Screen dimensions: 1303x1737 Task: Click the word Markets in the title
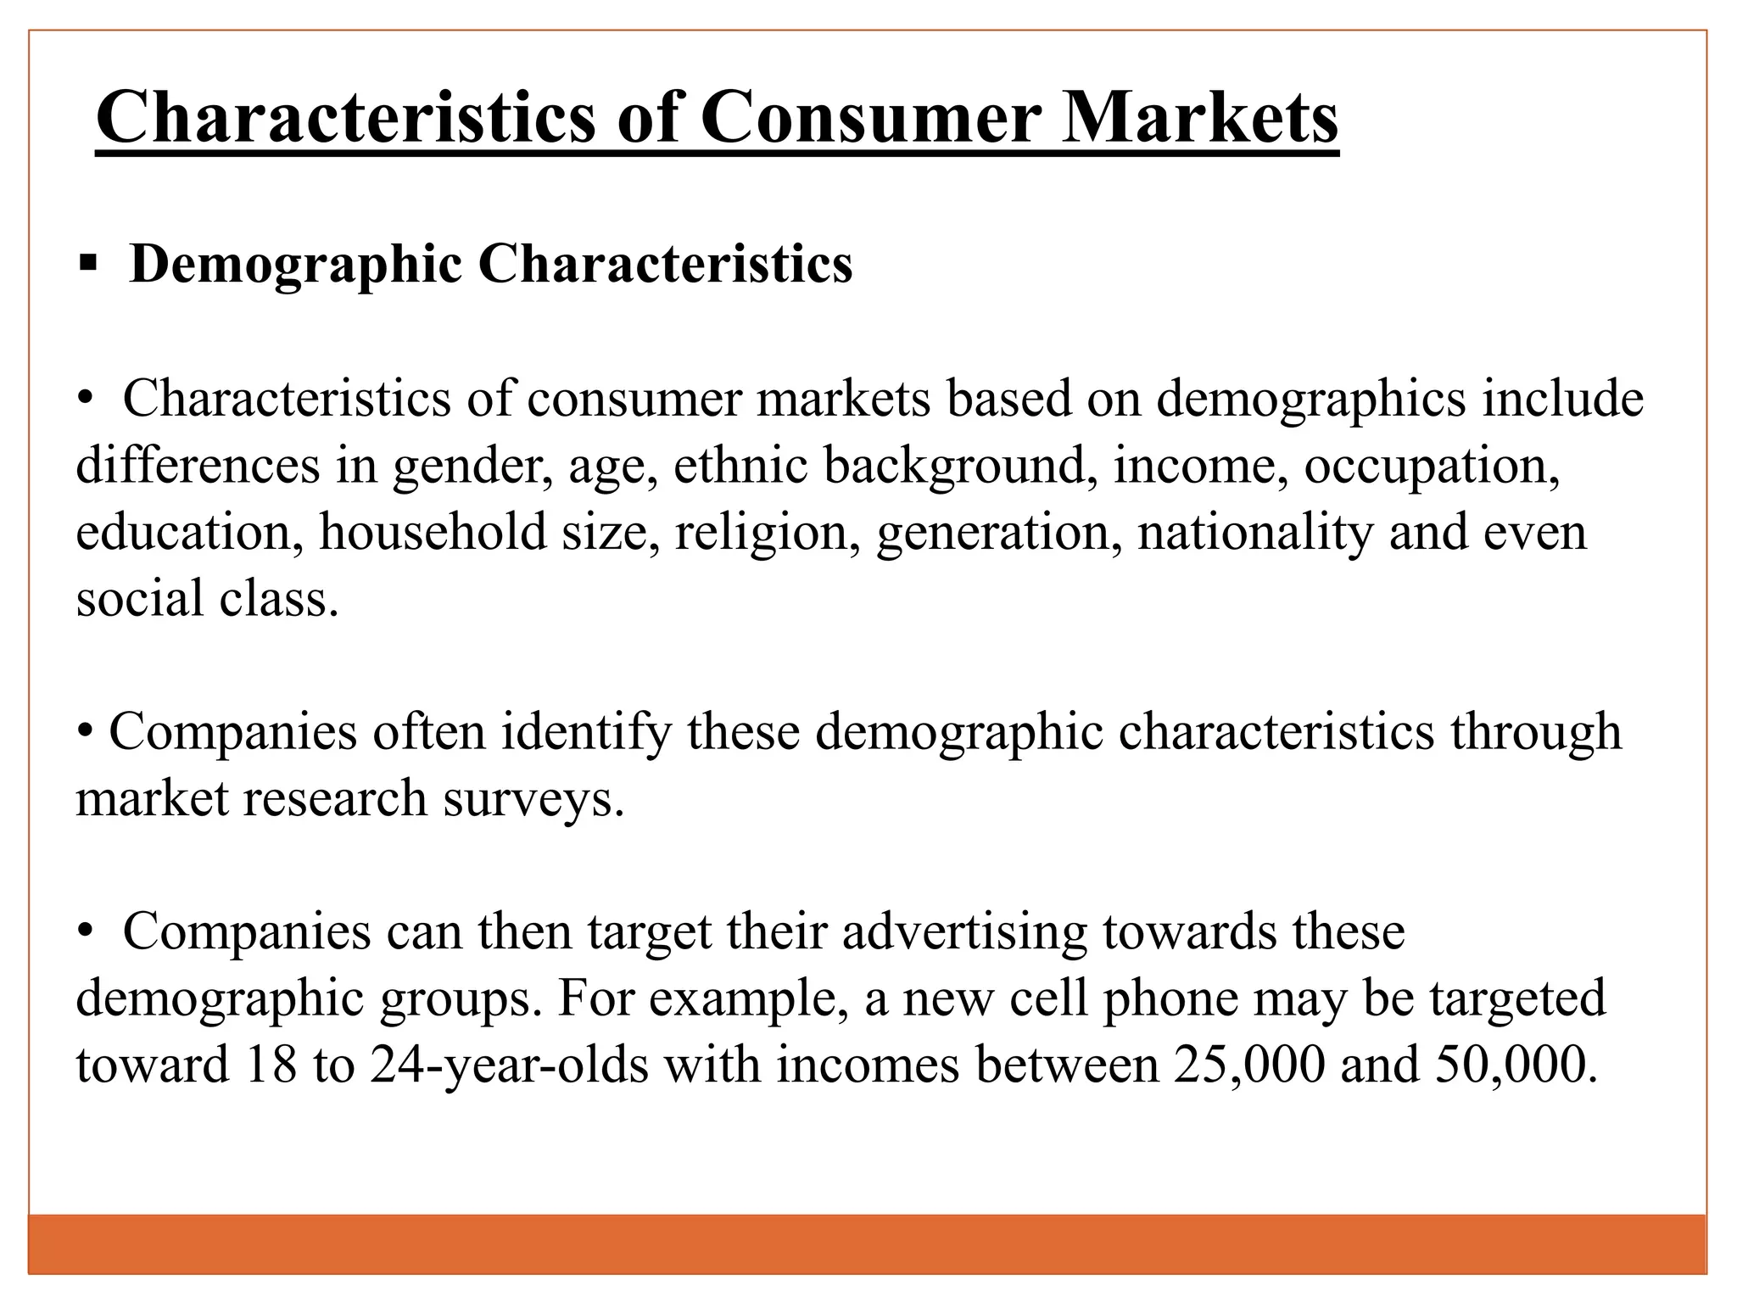coord(1199,119)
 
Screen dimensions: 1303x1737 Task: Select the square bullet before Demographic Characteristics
coord(87,265)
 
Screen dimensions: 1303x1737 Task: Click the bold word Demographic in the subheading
coord(296,265)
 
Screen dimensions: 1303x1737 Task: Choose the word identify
coord(586,732)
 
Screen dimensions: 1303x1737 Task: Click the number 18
coord(271,1065)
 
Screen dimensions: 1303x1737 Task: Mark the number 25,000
coord(1249,1065)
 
